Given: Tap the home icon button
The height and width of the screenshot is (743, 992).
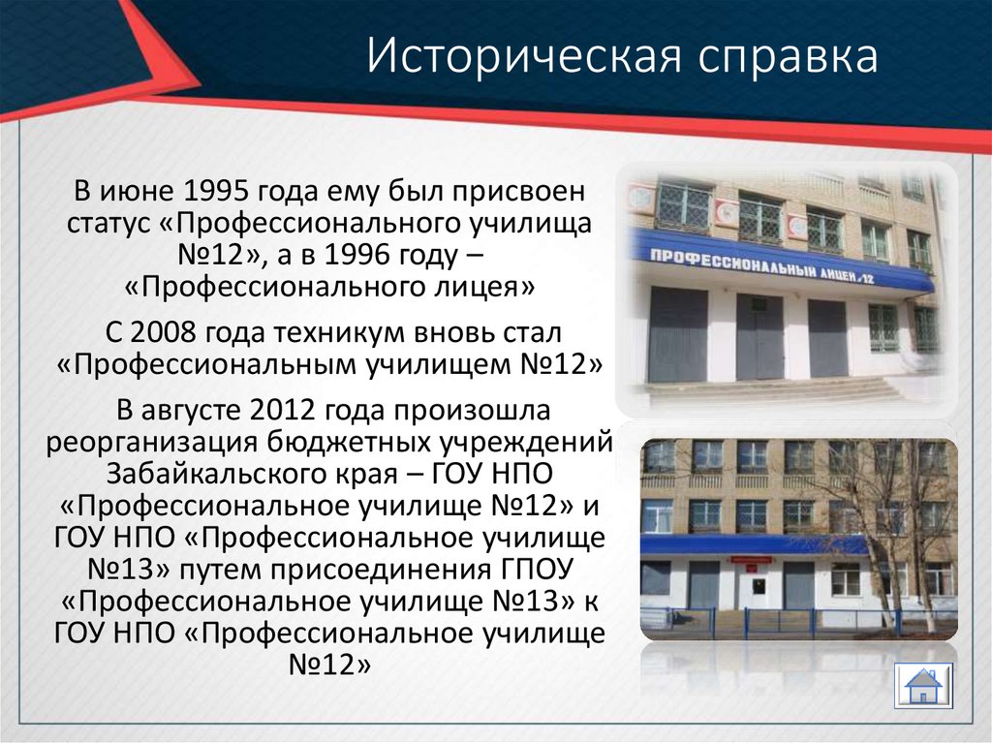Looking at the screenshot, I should coord(923,687).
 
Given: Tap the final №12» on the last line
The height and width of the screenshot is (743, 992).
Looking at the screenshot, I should coord(330,664).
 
